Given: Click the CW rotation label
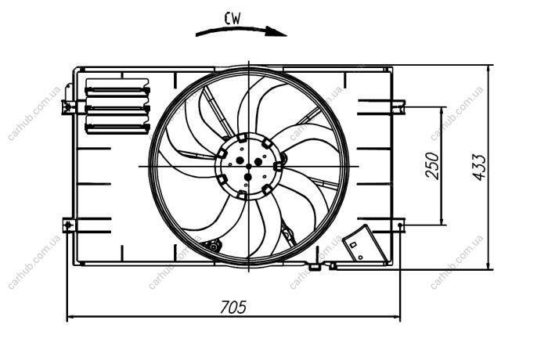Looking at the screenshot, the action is point(233,19).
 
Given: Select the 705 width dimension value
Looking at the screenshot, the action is point(233,307).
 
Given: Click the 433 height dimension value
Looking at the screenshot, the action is point(479,167).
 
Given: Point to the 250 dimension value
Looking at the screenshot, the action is point(432,166).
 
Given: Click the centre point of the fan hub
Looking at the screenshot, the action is point(248,166).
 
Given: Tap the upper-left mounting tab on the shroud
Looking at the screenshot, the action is point(69,106).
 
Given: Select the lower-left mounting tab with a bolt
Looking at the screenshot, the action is point(69,225).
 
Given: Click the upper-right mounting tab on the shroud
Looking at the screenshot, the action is point(398,106).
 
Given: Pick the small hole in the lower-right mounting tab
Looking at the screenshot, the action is point(400,225).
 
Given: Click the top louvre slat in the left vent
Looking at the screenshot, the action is point(117,90).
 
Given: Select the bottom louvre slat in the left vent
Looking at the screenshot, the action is point(117,128).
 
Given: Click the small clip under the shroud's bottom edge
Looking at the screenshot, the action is point(315,268).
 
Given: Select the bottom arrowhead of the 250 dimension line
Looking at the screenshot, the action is point(442,220).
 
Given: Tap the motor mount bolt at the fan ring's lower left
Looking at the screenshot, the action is point(214,246).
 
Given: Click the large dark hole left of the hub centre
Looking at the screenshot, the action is point(240,160).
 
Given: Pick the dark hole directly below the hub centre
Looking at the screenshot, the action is point(248,177).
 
